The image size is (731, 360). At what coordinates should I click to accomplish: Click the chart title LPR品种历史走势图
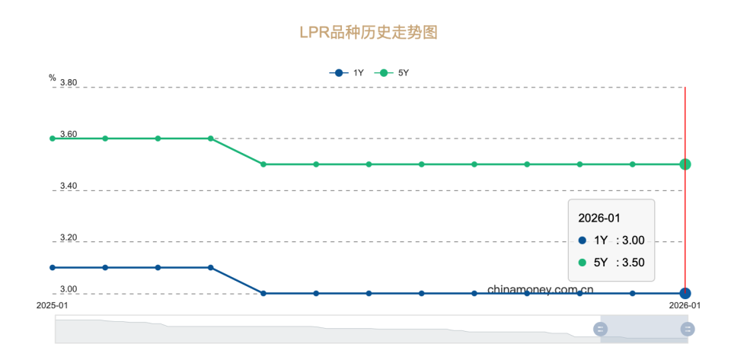[x=369, y=33]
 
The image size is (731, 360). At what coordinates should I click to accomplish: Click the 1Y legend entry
[x=346, y=73]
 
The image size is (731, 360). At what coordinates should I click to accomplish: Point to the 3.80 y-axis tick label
[x=69, y=82]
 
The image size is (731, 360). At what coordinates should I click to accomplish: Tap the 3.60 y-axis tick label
[x=69, y=134]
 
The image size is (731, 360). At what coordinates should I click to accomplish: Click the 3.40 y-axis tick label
[x=69, y=186]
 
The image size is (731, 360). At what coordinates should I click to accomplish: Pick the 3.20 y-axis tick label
[x=69, y=237]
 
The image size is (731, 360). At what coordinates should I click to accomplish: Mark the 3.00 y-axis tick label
[x=69, y=289]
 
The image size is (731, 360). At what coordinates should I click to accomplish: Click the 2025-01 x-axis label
[x=53, y=305]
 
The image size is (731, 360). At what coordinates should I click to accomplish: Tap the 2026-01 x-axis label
[x=685, y=305]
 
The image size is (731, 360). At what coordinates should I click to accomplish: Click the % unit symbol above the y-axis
[x=53, y=78]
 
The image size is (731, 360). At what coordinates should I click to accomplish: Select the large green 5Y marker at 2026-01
[x=685, y=164]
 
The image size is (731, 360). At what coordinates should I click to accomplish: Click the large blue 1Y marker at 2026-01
[x=685, y=293]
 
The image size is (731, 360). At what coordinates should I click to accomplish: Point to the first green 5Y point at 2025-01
[x=53, y=139]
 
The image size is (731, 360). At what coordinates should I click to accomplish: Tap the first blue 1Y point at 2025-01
[x=53, y=268]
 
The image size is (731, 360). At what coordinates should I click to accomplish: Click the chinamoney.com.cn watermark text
[x=541, y=290]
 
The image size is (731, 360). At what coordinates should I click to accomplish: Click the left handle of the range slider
[x=600, y=329]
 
